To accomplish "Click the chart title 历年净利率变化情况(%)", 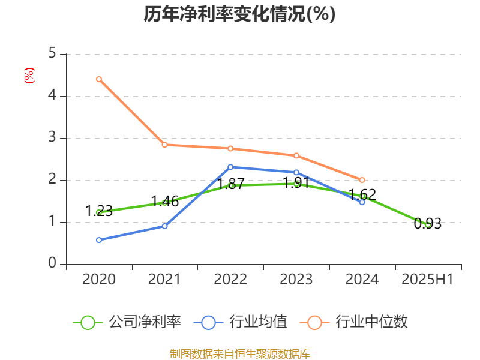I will [239, 14].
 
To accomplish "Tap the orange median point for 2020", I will [99, 79].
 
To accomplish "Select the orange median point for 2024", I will [362, 180].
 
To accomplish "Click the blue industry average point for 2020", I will [99, 240].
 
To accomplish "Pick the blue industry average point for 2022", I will [230, 167].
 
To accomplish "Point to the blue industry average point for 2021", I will [164, 226].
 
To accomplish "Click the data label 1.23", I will [99, 211].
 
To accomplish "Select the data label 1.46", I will [164, 201].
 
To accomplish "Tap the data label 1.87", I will [230, 184].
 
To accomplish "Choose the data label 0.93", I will [428, 224].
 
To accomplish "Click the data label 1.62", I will [362, 194].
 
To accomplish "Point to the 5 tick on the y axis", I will [53, 55].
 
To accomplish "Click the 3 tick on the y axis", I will [53, 139].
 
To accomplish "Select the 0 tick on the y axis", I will [53, 264].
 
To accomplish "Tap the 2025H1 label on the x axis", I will [428, 280].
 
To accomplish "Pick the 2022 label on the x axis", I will [230, 280].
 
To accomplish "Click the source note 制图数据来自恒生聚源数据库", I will [239, 354].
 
